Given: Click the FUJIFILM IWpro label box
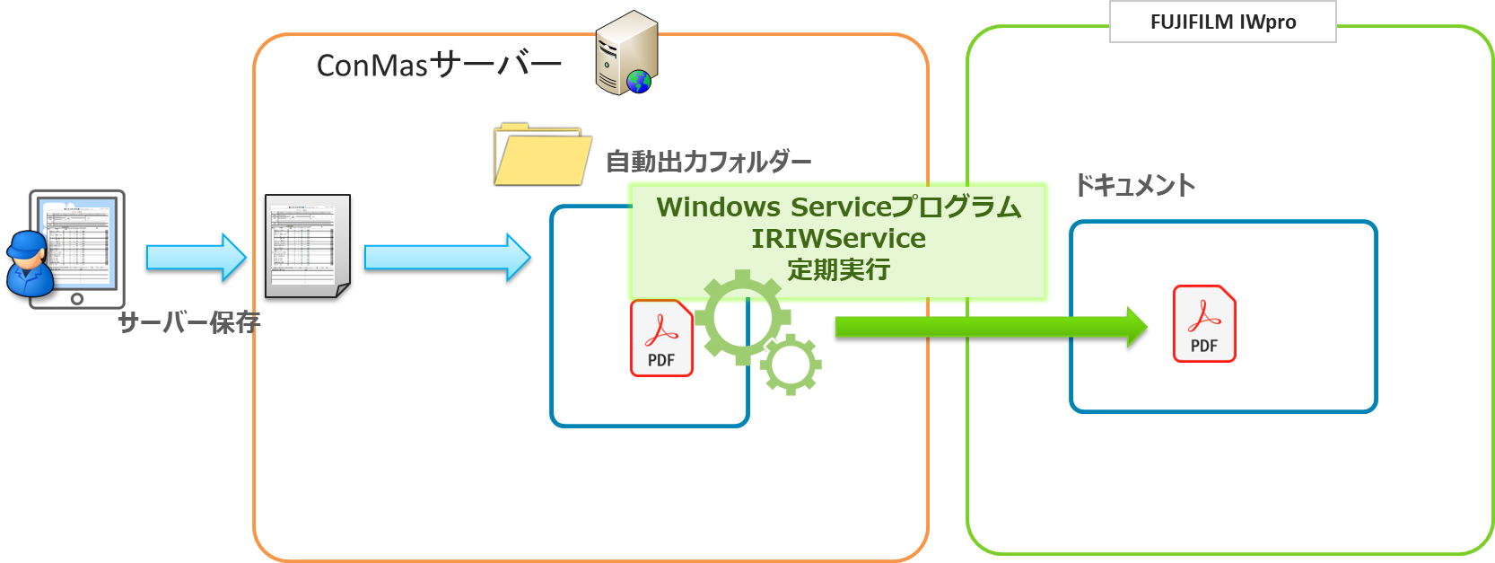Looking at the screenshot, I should pyautogui.click(x=1222, y=22).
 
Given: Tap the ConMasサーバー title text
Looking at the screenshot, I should pyautogui.click(x=439, y=65).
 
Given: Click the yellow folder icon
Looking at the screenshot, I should pyautogui.click(x=542, y=155).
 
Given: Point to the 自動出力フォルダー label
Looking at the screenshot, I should pyautogui.click(x=708, y=162).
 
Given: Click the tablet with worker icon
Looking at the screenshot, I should pyautogui.click(x=78, y=250).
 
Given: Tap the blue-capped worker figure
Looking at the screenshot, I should pyautogui.click(x=29, y=265).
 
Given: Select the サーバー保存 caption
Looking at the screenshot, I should pyautogui.click(x=188, y=322).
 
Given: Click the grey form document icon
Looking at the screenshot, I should pyautogui.click(x=308, y=245).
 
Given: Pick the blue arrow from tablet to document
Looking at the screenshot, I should pyautogui.click(x=196, y=258).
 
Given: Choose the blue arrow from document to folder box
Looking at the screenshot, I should pyautogui.click(x=447, y=258).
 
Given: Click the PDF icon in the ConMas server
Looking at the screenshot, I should pyautogui.click(x=661, y=338).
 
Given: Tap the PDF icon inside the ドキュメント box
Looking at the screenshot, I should pyautogui.click(x=1204, y=323).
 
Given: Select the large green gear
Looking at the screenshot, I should pyautogui.click(x=741, y=317).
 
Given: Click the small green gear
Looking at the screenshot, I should pyautogui.click(x=791, y=364).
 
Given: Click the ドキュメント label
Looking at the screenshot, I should pyautogui.click(x=1134, y=186).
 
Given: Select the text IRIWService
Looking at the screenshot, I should pyautogui.click(x=838, y=239).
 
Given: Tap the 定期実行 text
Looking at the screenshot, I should pyautogui.click(x=838, y=269).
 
